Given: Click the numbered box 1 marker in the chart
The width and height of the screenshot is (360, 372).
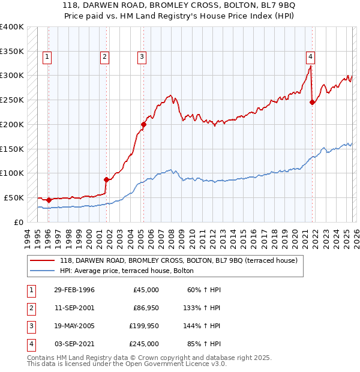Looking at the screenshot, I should point(47,57).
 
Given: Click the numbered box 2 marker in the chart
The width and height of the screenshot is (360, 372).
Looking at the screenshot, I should point(104,57).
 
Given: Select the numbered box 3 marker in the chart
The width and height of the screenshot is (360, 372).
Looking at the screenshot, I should point(142,57).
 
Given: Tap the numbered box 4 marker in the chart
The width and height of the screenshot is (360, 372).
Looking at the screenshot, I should point(310,57).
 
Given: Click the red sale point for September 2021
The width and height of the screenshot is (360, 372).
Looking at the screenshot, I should point(312,102).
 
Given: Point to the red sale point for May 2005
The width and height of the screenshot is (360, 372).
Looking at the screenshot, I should point(143,124).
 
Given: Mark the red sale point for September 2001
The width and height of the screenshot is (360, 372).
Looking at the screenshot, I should point(106,179).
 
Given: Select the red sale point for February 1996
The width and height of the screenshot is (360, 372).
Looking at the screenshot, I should point(49,200).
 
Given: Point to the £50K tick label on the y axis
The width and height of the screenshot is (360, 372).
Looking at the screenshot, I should point(14,197).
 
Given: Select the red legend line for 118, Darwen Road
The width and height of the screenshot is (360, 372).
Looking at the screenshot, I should point(42,260).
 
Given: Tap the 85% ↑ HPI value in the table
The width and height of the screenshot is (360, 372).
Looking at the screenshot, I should point(204,344).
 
